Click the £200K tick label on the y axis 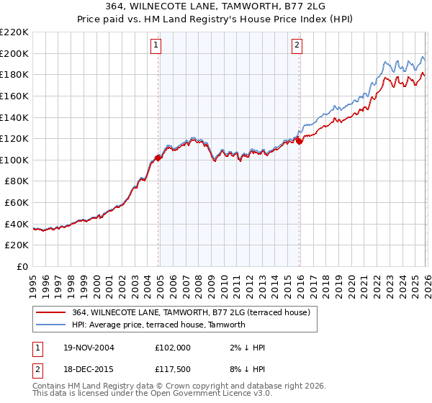pyautogui.click(x=14, y=53)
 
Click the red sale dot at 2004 pyautogui.click(x=158, y=158)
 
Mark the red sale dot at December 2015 pyautogui.click(x=299, y=141)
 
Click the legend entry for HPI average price pyautogui.click(x=158, y=325)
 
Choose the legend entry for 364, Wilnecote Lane pyautogui.click(x=191, y=312)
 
